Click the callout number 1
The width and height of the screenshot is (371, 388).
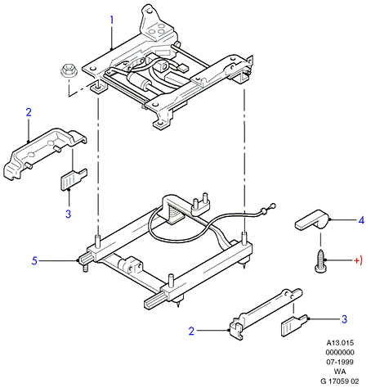[x=111, y=20]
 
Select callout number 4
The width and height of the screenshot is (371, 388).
[x=361, y=220]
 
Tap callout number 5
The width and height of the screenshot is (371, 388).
[x=34, y=260]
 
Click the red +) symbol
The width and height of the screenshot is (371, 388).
[x=358, y=260]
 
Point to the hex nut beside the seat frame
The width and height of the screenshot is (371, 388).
[x=69, y=71]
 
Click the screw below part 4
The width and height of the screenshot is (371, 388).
[x=320, y=260]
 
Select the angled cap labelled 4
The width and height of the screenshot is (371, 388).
[x=313, y=220]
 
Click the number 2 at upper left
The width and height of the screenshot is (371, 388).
[x=29, y=112]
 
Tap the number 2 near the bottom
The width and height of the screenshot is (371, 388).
[x=191, y=331]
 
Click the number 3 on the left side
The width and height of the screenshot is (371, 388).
[x=68, y=214]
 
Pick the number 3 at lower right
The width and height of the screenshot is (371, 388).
[x=345, y=319]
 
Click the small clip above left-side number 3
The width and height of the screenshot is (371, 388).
[x=74, y=179]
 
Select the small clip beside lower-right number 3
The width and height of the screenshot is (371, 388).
[x=294, y=325]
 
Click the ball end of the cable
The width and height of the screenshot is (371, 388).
[x=273, y=205]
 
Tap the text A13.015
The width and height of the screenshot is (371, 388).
[x=340, y=343]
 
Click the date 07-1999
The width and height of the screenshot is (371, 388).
[x=340, y=362]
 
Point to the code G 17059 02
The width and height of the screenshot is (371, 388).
[x=340, y=381]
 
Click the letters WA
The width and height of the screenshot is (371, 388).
[x=340, y=372]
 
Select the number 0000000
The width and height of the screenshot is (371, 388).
[x=340, y=352]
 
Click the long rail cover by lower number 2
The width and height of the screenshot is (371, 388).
[x=266, y=314]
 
